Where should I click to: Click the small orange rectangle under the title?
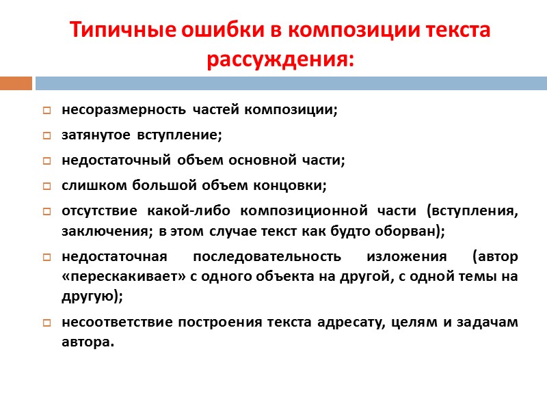16,83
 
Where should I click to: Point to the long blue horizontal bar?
291,83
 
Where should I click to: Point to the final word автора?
85,342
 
